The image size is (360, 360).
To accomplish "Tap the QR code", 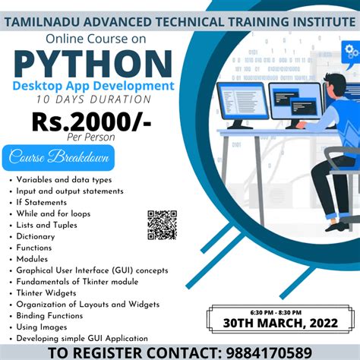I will (x=162, y=226).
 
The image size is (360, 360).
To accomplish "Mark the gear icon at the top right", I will (x=351, y=52).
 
